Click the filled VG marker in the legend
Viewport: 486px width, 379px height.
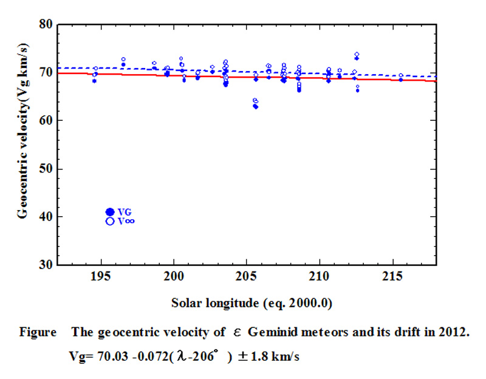(110, 211)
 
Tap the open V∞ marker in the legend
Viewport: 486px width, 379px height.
(110, 221)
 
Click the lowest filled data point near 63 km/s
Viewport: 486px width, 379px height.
(256, 106)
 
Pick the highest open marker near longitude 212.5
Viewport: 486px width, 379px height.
(357, 54)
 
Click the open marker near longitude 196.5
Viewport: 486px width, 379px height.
(123, 60)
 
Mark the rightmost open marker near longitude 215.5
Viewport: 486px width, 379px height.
(401, 75)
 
